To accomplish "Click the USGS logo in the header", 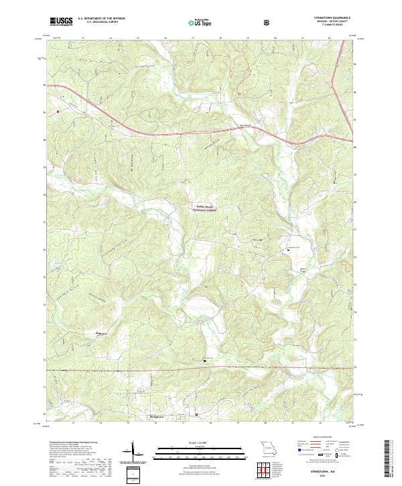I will pos(61,21).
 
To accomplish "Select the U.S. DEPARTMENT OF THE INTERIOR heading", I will pos(101,19).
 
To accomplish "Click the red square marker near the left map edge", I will pos(58,111).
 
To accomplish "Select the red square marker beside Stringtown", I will pos(196,414).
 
